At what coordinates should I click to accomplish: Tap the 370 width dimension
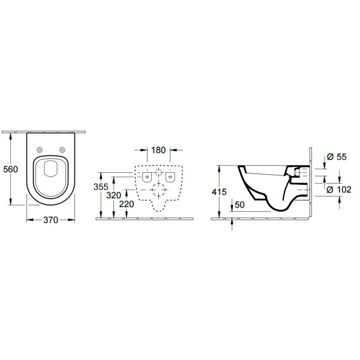click(x=50, y=220)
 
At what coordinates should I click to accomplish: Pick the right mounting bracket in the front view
click(x=171, y=177)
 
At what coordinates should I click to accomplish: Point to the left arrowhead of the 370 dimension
click(x=28, y=220)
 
